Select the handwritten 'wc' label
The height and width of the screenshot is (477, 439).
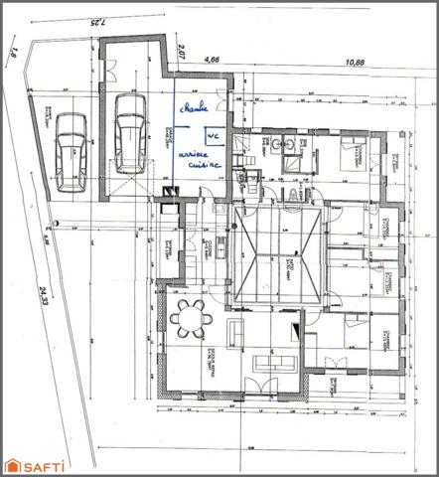click(x=212, y=137)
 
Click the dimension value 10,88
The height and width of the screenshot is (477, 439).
click(x=353, y=62)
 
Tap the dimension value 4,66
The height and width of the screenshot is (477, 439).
click(x=211, y=60)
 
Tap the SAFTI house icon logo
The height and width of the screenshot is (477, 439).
click(x=15, y=464)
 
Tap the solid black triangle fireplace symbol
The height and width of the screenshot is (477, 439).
click(x=295, y=326)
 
